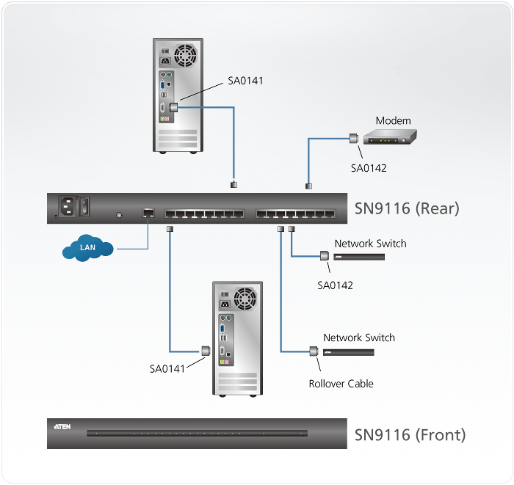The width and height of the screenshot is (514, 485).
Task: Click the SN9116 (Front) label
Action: coord(410,435)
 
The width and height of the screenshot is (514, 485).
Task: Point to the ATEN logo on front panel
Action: coord(62,426)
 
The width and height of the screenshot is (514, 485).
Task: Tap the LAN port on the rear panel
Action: coord(148,213)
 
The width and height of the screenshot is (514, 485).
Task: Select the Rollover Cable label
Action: coord(341,383)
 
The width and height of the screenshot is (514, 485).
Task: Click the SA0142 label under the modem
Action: coord(369,168)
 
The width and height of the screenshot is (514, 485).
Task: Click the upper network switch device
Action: coord(369,257)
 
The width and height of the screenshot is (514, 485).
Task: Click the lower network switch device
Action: coord(349,352)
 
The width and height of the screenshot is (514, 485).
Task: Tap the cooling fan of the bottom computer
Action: coord(246,298)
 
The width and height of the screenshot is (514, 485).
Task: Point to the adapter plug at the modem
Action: coord(353,137)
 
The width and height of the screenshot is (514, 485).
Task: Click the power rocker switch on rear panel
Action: coord(85,205)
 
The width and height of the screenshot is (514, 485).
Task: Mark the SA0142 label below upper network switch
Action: coord(335,285)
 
